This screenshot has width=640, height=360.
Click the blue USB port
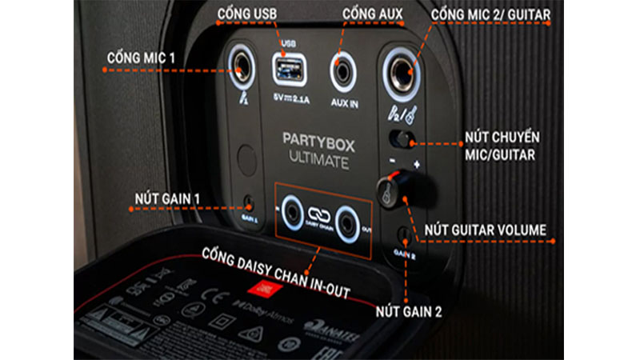(288, 69)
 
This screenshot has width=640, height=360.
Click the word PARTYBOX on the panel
(316, 138)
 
